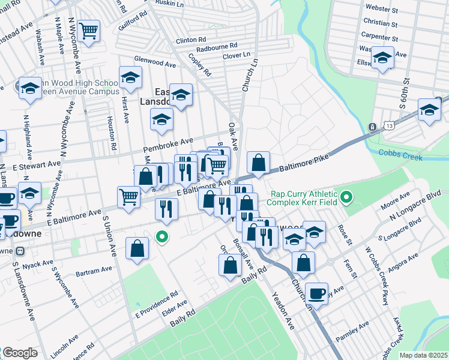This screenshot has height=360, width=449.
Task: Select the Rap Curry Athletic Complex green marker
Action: pos(346,197)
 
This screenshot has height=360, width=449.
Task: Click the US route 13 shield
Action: pos(373,127)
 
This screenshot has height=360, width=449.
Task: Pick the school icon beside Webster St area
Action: pos(382,58)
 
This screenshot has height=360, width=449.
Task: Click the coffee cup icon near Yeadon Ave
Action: pos(316,293)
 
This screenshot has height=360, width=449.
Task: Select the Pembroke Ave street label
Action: pos(166,146)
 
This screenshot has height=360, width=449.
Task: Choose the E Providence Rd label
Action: pos(157,304)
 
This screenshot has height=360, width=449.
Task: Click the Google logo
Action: pos(20,353)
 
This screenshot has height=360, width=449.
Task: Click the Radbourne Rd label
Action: pos(217,46)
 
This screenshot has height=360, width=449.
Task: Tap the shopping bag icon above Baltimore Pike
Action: pos(258,162)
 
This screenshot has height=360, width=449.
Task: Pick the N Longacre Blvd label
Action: pos(415,205)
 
